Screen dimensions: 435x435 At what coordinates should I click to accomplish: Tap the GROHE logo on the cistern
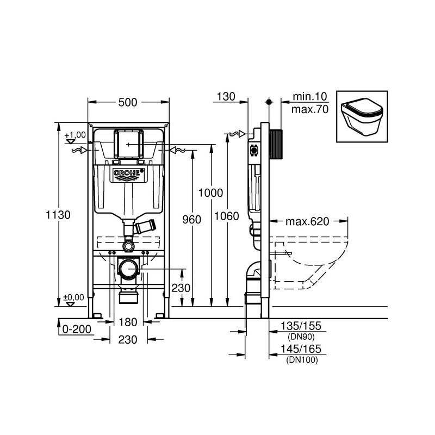(129, 173)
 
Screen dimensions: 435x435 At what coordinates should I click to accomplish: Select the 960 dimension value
(191, 220)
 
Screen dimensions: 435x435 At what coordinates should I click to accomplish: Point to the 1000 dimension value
(210, 192)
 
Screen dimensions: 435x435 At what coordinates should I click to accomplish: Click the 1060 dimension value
(227, 216)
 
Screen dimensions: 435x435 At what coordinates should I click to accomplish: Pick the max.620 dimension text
(308, 221)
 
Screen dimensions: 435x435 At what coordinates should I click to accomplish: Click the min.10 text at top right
(309, 97)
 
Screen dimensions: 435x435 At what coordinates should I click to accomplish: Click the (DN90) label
(300, 337)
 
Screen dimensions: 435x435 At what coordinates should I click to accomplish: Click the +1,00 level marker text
(75, 134)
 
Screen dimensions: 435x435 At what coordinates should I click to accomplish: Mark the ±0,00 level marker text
(74, 297)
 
